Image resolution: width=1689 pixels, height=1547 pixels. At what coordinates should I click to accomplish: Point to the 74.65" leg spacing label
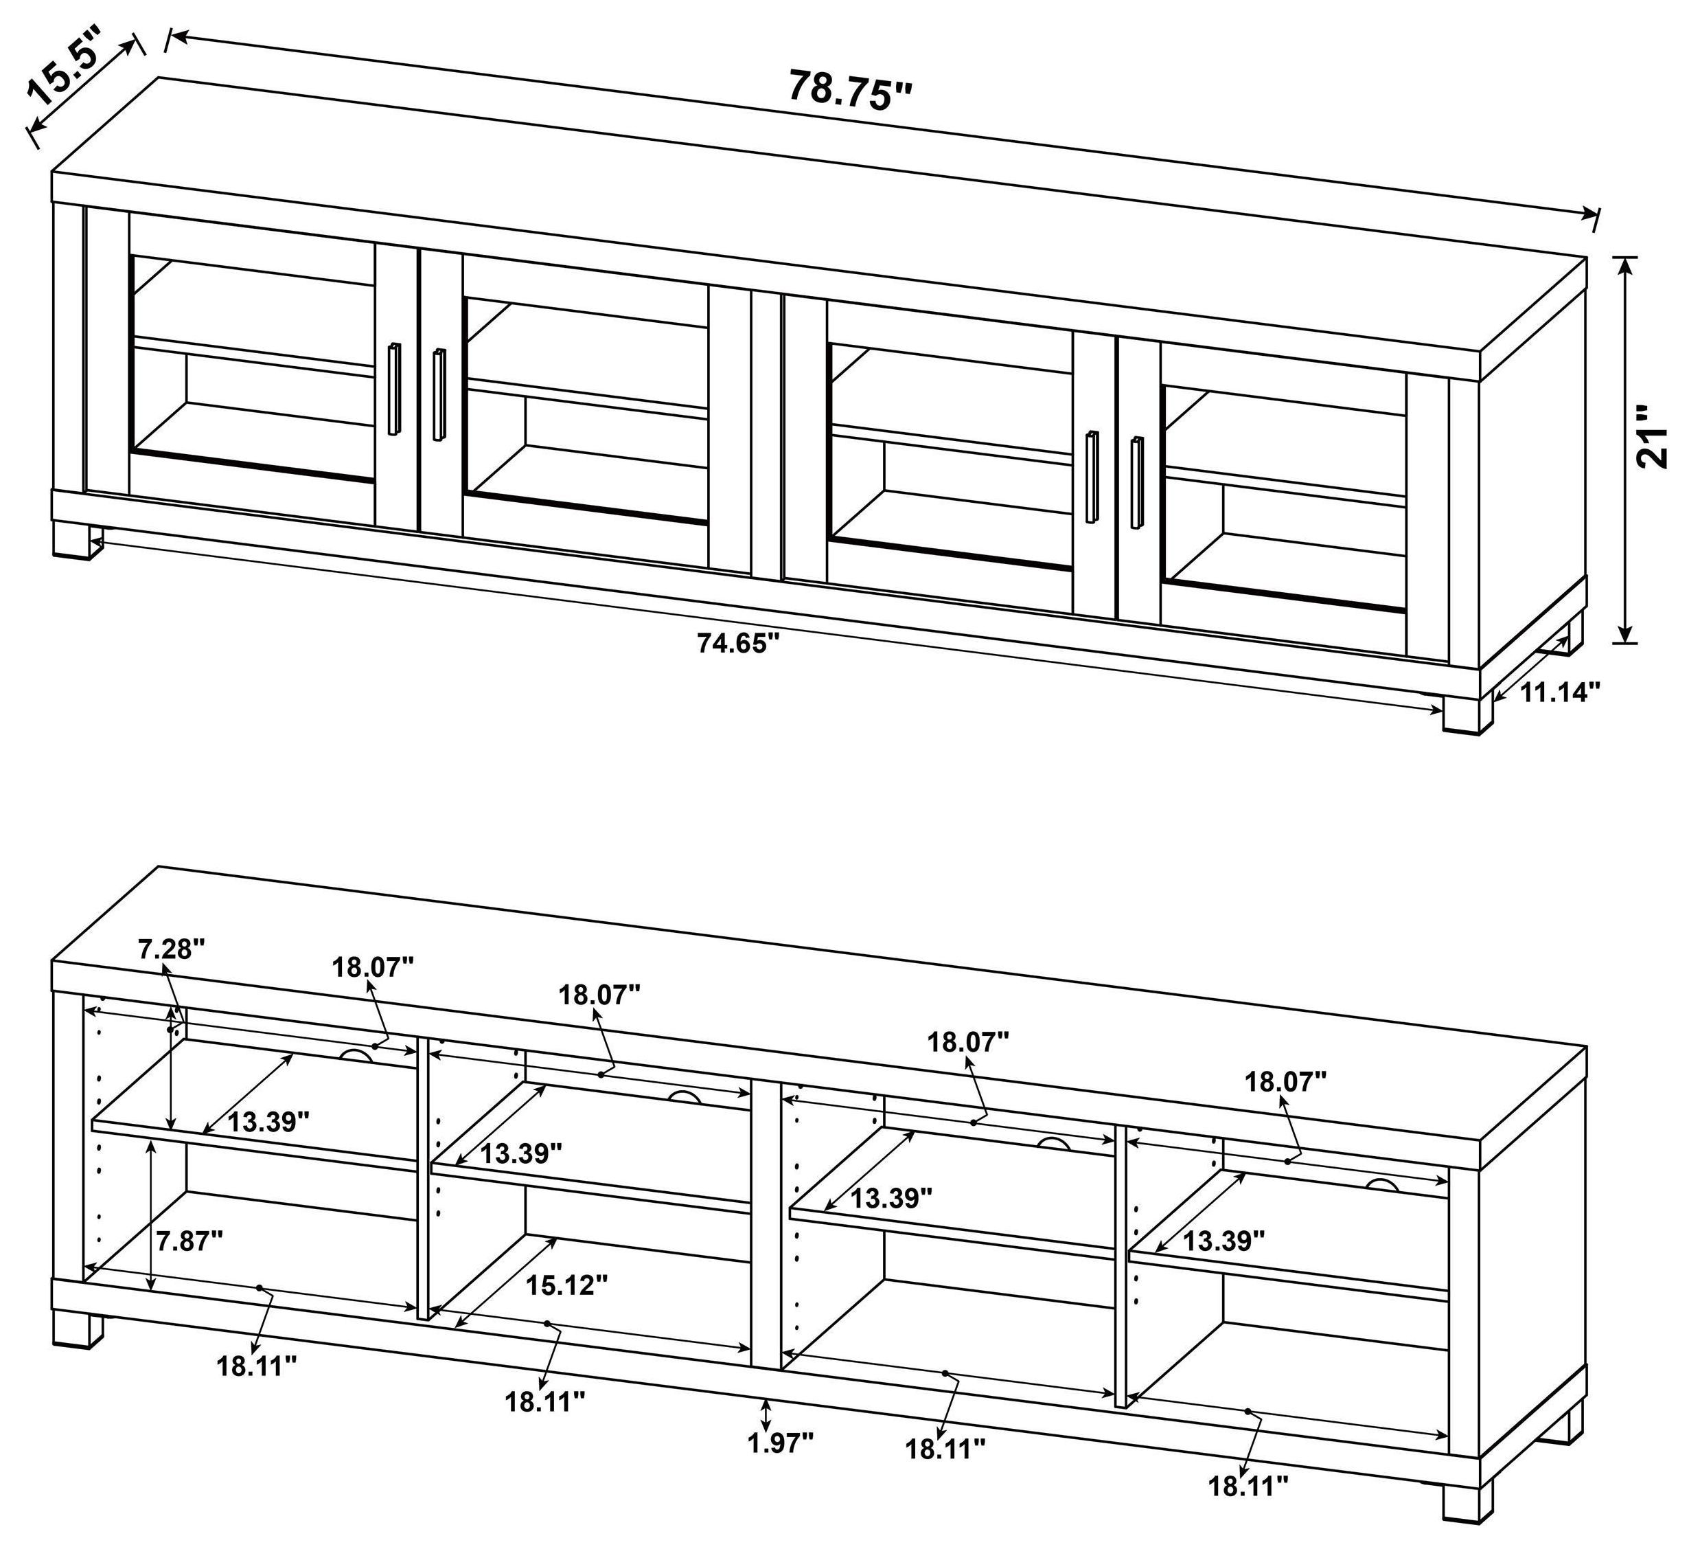click(738, 643)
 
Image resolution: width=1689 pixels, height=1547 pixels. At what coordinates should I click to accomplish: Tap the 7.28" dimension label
click(172, 949)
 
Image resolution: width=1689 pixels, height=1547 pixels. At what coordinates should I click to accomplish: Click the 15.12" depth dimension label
click(566, 1284)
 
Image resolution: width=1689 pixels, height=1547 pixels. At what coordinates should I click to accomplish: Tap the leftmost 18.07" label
click(373, 967)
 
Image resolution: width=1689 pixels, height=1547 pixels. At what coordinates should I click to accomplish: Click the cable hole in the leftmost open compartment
click(358, 1054)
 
